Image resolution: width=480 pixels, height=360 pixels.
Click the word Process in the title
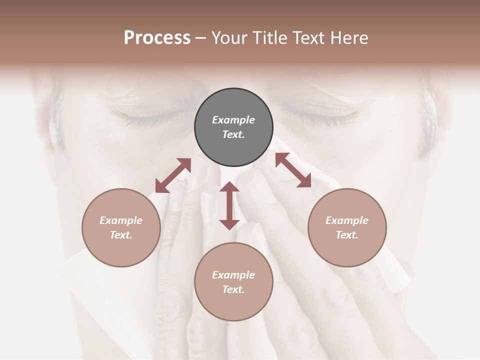coord(157,38)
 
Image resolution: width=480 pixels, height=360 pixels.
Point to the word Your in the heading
coord(230,38)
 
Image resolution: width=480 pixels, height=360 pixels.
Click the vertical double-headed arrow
coord(229,205)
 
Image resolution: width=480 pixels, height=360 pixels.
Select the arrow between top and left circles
coord(173,175)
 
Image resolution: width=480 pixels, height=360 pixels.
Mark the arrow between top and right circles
coord(293,170)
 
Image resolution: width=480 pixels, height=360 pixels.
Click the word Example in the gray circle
coord(233,120)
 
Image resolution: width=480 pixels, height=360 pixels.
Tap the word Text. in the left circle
coord(121,235)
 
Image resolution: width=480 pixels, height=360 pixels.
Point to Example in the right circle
coord(347,220)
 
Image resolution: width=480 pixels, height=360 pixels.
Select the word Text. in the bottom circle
coord(233,289)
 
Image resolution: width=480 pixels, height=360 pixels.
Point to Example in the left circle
coord(121,220)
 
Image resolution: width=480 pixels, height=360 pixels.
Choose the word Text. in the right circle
coord(347,235)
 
